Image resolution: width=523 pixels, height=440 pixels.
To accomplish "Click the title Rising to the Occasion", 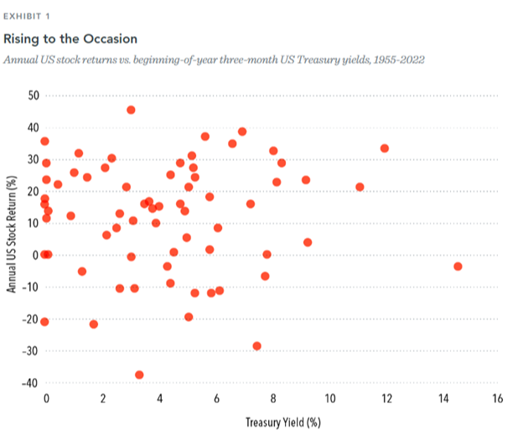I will [70, 39].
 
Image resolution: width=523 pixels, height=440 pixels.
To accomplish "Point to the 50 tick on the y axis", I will [34, 95].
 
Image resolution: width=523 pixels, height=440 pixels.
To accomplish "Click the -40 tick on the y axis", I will [32, 383].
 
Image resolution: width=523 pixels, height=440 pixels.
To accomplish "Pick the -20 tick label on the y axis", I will [32, 319].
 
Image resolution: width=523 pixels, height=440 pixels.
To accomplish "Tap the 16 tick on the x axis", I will [498, 398].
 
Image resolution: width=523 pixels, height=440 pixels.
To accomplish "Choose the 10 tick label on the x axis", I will [329, 398].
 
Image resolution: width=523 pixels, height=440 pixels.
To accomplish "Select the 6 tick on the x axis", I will [216, 398].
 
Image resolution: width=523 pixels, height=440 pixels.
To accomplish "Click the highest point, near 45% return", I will [132, 110].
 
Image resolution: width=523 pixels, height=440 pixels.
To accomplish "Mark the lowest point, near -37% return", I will [139, 375].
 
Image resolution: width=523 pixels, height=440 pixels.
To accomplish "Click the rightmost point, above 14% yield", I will [458, 267].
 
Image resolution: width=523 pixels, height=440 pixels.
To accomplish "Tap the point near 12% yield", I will [385, 148].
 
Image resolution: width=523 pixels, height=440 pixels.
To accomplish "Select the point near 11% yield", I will [360, 187].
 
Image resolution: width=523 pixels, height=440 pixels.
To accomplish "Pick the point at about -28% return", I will [256, 346].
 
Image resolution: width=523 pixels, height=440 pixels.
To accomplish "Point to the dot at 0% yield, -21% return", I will [44, 322].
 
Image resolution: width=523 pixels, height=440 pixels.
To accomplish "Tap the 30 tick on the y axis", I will [34, 159].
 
